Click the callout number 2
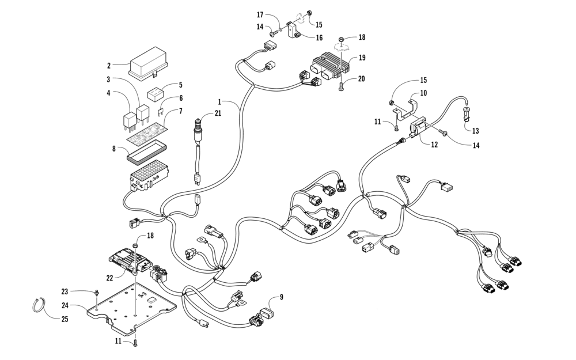[108, 65]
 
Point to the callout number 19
[362, 58]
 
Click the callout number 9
[282, 297]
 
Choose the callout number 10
[439, 93]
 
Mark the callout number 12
[434, 145]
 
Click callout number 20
[362, 79]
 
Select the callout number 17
[260, 14]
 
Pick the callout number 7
[180, 111]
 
